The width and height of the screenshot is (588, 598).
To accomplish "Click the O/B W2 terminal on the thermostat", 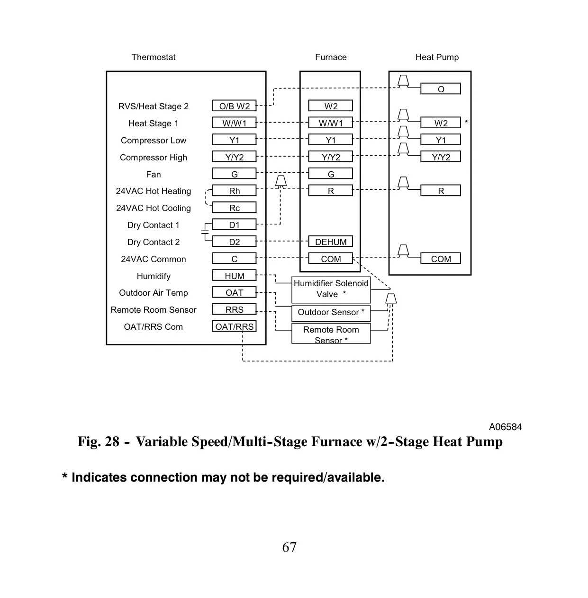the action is pyautogui.click(x=234, y=106).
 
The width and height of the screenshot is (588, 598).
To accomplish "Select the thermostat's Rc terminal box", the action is pyautogui.click(x=234, y=207).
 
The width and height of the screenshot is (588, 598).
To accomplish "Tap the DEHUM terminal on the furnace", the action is pyautogui.click(x=331, y=241).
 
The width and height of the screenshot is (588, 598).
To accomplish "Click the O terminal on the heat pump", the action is pyautogui.click(x=441, y=88).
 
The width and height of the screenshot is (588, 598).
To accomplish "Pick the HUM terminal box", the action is pyautogui.click(x=234, y=275).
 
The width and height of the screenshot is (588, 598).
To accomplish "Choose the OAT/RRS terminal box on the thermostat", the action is pyautogui.click(x=234, y=326).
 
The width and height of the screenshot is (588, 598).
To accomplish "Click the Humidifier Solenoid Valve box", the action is pyautogui.click(x=331, y=290).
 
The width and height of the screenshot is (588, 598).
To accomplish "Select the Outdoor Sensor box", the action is pyautogui.click(x=331, y=313).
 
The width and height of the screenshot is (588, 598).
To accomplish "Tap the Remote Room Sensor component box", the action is pyautogui.click(x=331, y=333).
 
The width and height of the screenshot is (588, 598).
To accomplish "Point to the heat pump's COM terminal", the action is pyautogui.click(x=441, y=258).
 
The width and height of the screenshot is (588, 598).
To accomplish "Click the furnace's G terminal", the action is pyautogui.click(x=331, y=174).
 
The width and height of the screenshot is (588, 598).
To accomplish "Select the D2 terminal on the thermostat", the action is pyautogui.click(x=234, y=241).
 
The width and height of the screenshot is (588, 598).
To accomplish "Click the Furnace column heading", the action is pyautogui.click(x=331, y=57).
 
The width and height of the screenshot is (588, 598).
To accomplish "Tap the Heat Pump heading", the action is pyautogui.click(x=437, y=57).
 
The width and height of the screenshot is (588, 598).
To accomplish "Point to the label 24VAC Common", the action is pyautogui.click(x=154, y=259).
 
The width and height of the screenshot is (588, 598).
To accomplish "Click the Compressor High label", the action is pyautogui.click(x=154, y=158).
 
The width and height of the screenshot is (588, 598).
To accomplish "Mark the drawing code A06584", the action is pyautogui.click(x=505, y=427).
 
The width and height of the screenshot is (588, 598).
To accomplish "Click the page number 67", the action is pyautogui.click(x=289, y=547).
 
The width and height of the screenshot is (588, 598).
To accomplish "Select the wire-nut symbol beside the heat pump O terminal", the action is pyautogui.click(x=403, y=81).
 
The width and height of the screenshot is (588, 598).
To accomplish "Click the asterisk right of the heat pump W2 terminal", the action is pyautogui.click(x=466, y=122).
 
